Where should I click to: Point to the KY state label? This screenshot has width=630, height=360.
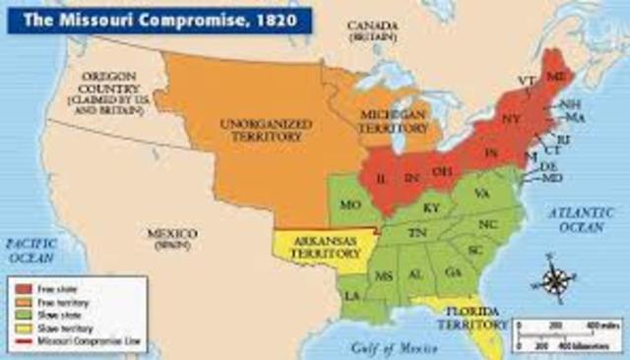click(431, 209)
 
